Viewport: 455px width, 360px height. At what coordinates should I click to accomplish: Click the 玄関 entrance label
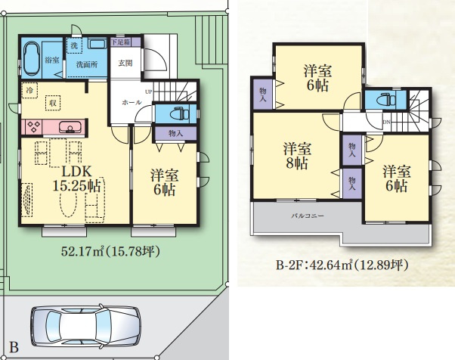[x=125, y=63]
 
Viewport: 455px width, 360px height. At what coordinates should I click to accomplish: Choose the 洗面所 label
[x=85, y=64]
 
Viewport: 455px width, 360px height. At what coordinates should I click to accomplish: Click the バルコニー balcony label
[x=306, y=216]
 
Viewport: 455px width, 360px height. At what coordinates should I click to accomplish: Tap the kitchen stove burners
[x=35, y=126]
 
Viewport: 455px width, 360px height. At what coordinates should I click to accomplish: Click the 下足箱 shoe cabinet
[x=121, y=43]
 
